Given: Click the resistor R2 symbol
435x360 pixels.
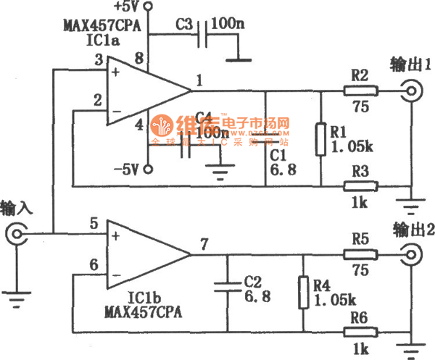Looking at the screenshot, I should point(360,91).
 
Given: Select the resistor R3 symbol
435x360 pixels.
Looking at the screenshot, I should point(360,187).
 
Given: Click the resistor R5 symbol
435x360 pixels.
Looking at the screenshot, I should point(360,254).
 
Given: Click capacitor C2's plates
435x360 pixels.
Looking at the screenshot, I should point(228,285).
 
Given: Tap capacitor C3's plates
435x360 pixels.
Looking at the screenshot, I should point(206,33).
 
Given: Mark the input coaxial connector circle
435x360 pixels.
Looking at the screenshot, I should point(17,234).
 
